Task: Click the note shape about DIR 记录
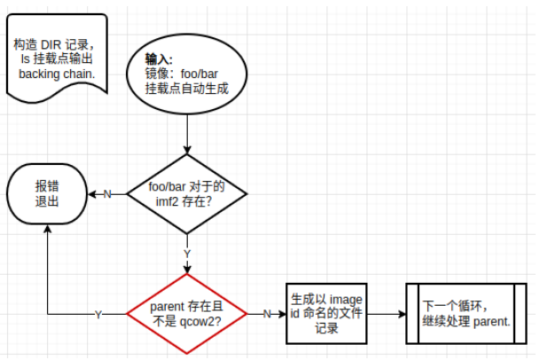57,58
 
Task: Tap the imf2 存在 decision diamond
187,194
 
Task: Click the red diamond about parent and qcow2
187,313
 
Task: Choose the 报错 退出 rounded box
47,194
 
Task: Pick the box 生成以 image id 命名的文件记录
326,313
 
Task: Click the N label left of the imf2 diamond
107,194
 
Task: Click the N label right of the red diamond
266,314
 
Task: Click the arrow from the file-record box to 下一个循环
386,313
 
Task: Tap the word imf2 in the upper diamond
168,202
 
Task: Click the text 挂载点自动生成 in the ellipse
188,89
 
